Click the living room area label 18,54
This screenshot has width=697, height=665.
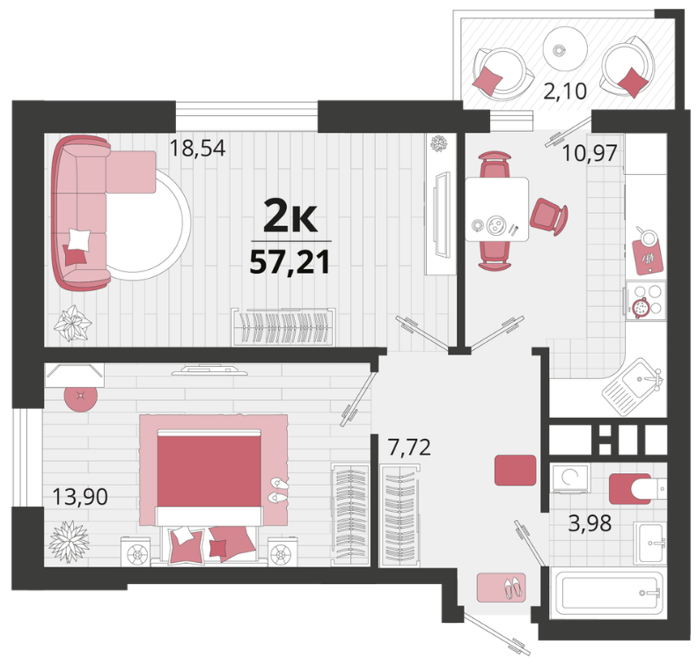[x=198, y=148]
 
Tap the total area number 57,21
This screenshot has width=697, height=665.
[x=290, y=262]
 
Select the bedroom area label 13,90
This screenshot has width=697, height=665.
[x=80, y=496]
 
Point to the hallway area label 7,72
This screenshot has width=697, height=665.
[x=409, y=447]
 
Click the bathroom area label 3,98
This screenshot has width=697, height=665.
[x=590, y=522]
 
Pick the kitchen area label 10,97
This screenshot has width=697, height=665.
[x=590, y=153]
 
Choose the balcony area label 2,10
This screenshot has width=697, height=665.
[x=565, y=91]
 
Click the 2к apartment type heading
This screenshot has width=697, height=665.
[x=290, y=216]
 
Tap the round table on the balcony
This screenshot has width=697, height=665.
[x=565, y=49]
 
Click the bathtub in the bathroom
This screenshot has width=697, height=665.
[x=607, y=593]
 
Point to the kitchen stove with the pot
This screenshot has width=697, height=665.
[x=646, y=301]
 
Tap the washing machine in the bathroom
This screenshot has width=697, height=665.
[x=570, y=478]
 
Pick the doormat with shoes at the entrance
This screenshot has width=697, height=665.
[x=502, y=588]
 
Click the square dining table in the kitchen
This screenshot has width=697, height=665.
[x=496, y=209]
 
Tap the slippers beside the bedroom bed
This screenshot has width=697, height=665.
[x=279, y=491]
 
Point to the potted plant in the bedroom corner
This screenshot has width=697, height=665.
[x=69, y=542]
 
